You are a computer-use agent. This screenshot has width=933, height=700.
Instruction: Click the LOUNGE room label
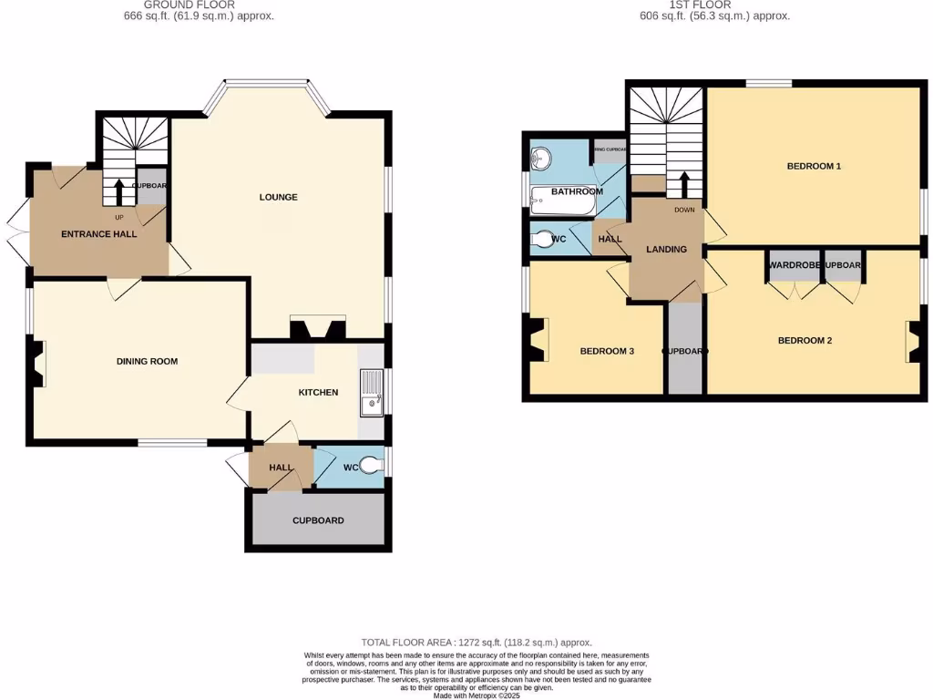pyautogui.click(x=278, y=197)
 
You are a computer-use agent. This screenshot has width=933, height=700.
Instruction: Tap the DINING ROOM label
pyautogui.click(x=147, y=361)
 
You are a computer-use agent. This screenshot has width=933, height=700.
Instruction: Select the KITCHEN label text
pyautogui.click(x=318, y=392)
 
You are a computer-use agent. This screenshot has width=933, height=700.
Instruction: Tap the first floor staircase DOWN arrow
pyautogui.click(x=683, y=184)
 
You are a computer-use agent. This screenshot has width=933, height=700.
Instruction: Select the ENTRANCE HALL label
pyautogui.click(x=98, y=234)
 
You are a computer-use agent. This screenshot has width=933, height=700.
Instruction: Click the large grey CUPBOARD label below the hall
pyautogui.click(x=318, y=520)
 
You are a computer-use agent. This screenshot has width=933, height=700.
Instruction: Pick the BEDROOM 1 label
pyautogui.click(x=814, y=166)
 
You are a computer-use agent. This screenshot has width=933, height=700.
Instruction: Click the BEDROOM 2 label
pyautogui.click(x=805, y=340)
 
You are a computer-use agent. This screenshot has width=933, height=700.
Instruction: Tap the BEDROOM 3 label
pyautogui.click(x=607, y=351)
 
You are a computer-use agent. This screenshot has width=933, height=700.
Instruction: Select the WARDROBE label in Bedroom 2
pyautogui.click(x=795, y=265)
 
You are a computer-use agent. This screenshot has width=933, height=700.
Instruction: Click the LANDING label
pyautogui.click(x=666, y=249)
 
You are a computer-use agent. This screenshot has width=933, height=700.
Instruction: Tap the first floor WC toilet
pyautogui.click(x=544, y=240)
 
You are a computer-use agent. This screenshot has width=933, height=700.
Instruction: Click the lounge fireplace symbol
pyautogui.click(x=317, y=327)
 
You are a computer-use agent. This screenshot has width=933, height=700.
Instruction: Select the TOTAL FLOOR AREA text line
pyautogui.click(x=477, y=642)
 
